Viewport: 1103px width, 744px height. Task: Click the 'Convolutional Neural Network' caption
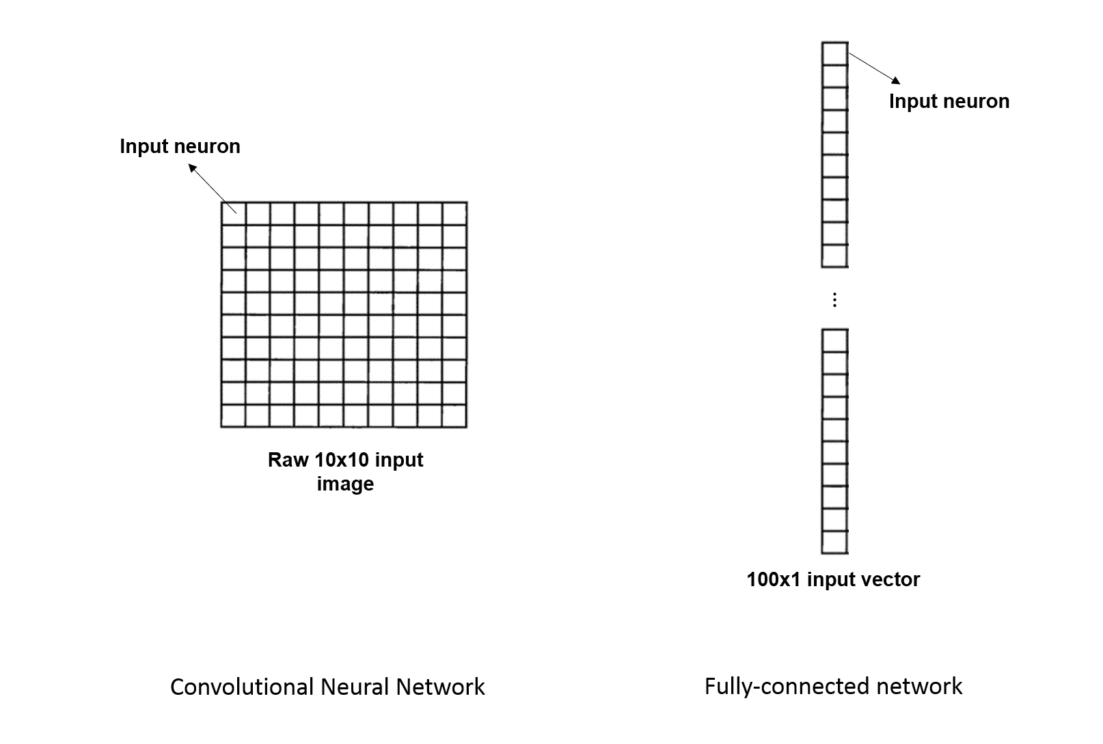[327, 687]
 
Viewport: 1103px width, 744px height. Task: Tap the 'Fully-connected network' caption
[833, 687]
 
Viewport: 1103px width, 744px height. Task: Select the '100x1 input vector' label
[833, 579]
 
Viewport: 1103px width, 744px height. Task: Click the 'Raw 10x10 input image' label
[345, 471]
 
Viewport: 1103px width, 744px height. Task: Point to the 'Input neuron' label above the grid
[180, 146]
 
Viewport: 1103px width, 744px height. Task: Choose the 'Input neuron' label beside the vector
[949, 101]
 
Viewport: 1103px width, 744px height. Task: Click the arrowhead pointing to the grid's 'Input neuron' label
[193, 169]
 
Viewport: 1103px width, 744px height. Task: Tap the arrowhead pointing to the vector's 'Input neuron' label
[896, 80]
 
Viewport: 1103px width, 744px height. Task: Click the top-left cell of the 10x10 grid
[234, 214]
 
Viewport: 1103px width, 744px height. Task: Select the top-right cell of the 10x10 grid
[454, 214]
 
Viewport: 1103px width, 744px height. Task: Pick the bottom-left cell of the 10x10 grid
[234, 415]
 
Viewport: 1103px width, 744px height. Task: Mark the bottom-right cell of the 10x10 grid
[454, 415]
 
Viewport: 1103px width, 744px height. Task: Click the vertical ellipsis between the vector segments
[834, 300]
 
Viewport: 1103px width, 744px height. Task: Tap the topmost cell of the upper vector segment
[834, 54]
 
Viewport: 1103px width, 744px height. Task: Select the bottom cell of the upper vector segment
[834, 256]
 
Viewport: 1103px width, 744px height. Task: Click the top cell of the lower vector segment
[834, 341]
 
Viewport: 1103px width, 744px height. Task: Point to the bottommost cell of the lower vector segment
[834, 542]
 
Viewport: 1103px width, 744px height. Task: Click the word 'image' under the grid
[345, 484]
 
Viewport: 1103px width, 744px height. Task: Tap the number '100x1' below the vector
[774, 579]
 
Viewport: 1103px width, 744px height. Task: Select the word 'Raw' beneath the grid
[288, 460]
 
